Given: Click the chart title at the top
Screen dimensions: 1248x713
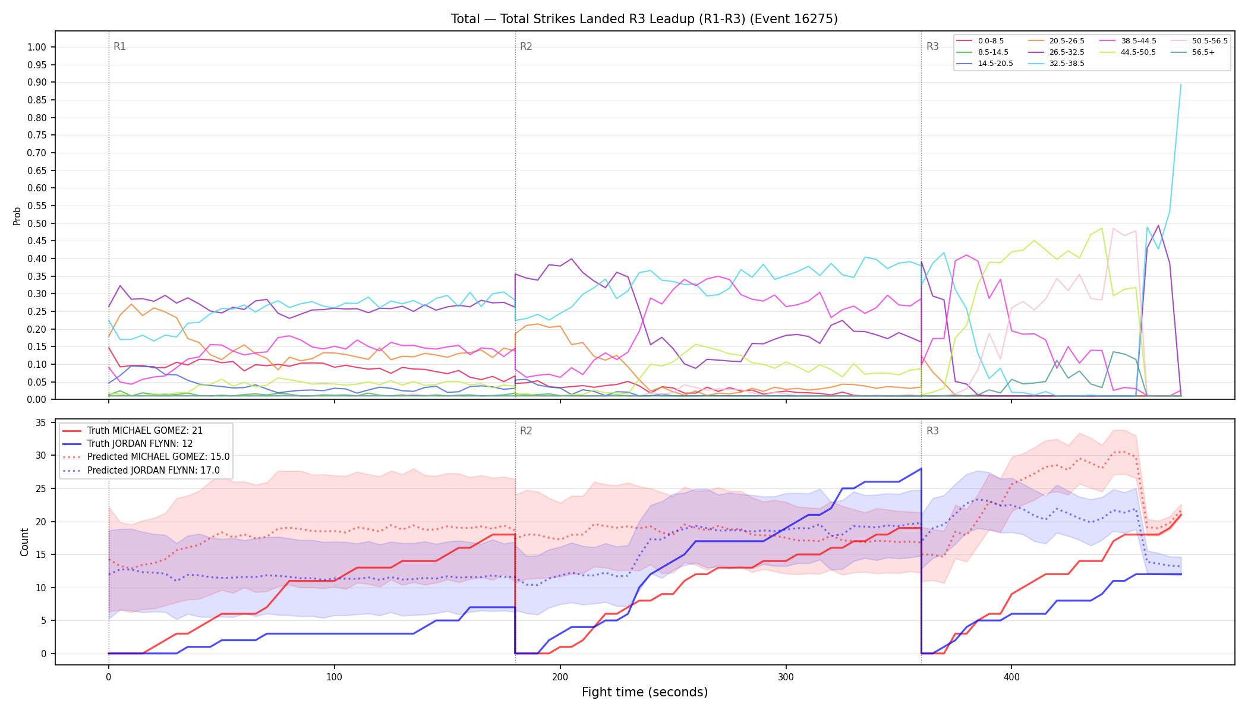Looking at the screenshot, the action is [x=644, y=19].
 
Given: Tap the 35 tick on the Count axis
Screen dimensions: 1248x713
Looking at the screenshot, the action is [x=41, y=423].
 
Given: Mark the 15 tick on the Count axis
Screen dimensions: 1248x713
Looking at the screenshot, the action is [x=41, y=555].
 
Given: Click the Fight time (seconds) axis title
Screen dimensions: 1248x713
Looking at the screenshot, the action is [x=645, y=692].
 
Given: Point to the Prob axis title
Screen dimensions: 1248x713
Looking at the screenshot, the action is [x=17, y=216].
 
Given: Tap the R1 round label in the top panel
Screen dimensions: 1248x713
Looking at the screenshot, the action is [x=119, y=46].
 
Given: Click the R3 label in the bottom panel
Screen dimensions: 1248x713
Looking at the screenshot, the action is [x=932, y=431].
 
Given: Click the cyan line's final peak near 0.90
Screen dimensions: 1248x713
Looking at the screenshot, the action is [x=1180, y=84].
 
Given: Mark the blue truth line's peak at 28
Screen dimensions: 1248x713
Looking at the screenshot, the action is [x=921, y=469].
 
